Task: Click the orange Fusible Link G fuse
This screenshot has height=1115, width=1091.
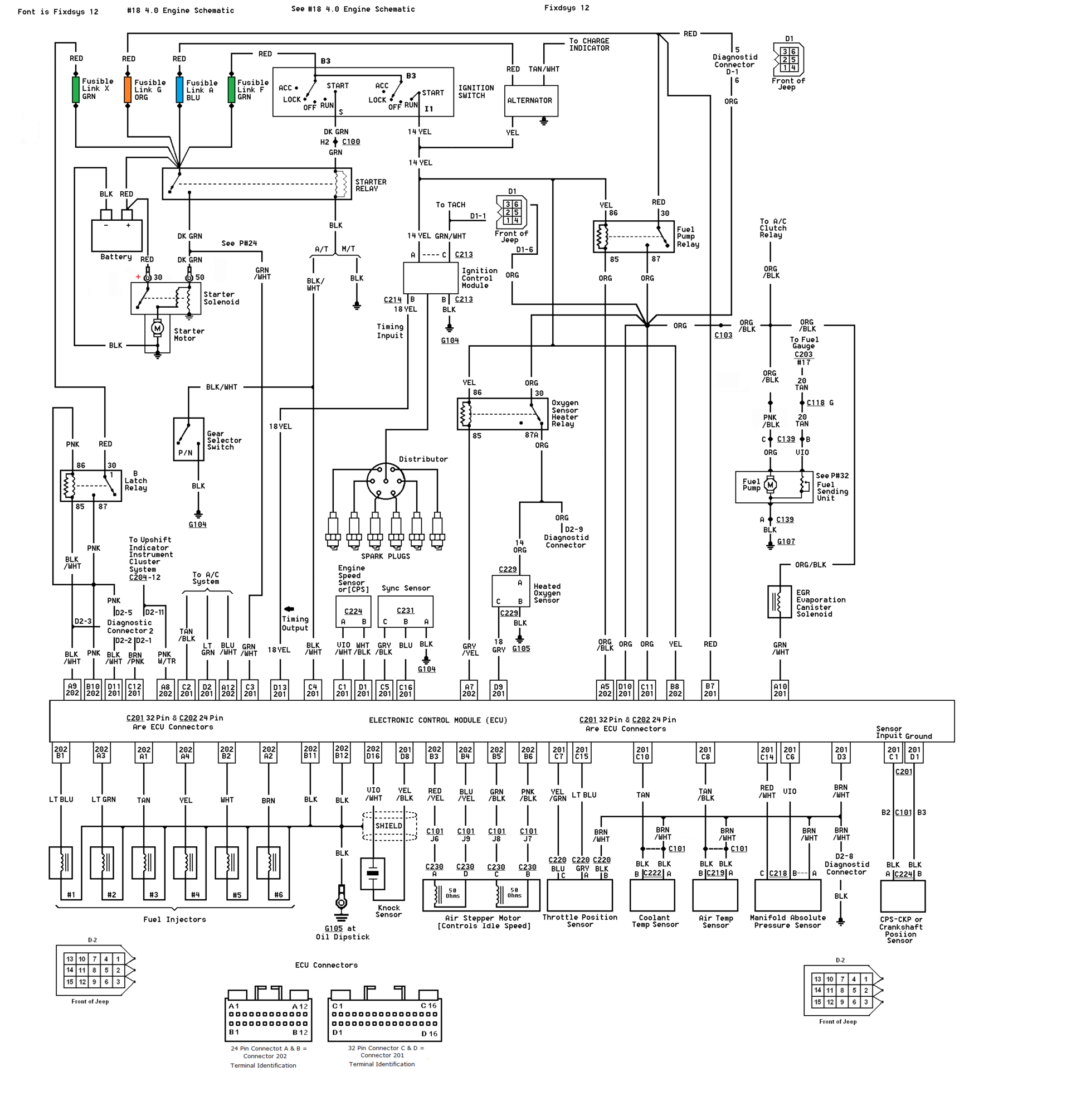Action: [x=128, y=90]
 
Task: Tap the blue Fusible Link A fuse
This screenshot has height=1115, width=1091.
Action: [x=179, y=90]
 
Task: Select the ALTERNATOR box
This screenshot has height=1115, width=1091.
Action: [x=530, y=101]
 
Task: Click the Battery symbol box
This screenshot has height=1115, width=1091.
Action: [x=117, y=235]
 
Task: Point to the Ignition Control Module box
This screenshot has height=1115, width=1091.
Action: [x=430, y=278]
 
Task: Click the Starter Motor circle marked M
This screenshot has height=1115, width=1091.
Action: [x=158, y=328]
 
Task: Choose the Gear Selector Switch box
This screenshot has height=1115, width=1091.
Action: [x=188, y=439]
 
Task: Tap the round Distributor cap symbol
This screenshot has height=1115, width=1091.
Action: [x=386, y=482]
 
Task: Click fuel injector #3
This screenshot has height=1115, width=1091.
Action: [x=143, y=862]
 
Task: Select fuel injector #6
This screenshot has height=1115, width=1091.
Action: [x=268, y=862]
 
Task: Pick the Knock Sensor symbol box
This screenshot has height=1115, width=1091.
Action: [x=372, y=874]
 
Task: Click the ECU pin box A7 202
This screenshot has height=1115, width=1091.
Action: [x=469, y=690]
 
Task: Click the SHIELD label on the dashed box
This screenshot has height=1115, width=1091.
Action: [x=388, y=826]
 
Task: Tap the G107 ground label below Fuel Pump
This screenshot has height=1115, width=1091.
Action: [x=786, y=542]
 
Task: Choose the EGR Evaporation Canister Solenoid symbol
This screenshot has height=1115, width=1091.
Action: [x=779, y=602]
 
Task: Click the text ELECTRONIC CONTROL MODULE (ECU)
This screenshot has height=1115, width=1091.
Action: [x=438, y=721]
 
